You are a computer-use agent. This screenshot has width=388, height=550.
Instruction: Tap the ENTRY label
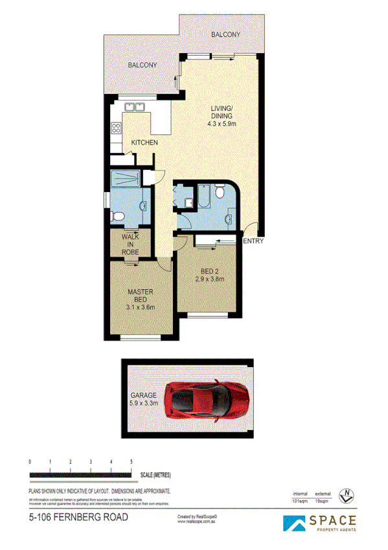coord(253,241)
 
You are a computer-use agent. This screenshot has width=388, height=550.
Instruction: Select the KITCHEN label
coord(144,143)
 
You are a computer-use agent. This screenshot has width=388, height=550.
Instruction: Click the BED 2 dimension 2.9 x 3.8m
coord(210,280)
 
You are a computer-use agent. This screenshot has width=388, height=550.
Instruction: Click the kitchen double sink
coord(135,107)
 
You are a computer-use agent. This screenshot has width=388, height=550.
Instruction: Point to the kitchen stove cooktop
coord(117,128)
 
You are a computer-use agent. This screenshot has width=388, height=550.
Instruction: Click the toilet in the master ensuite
coord(117,215)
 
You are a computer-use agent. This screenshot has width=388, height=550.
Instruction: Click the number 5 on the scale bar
coord(131,461)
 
